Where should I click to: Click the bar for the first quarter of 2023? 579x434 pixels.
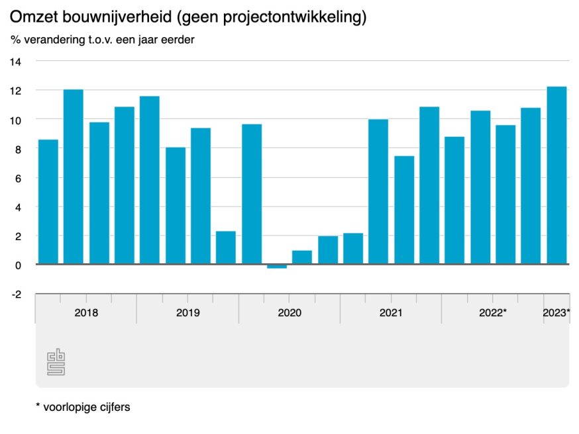point(556,175)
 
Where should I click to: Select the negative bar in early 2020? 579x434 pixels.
point(277,266)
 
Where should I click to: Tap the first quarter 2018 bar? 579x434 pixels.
point(48,202)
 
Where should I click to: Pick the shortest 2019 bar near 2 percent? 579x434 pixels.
point(226,247)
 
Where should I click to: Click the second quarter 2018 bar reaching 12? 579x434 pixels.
point(74,177)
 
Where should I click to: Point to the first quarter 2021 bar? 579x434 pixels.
point(378,192)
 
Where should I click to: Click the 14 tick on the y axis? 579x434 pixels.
point(15,62)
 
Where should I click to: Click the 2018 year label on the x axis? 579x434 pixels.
point(86,312)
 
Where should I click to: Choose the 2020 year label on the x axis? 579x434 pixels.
point(289,312)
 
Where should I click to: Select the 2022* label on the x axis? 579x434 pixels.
point(493,312)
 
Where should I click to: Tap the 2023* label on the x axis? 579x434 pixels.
point(556,312)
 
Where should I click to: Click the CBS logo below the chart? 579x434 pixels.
point(56,363)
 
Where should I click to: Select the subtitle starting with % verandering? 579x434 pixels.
point(101,40)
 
